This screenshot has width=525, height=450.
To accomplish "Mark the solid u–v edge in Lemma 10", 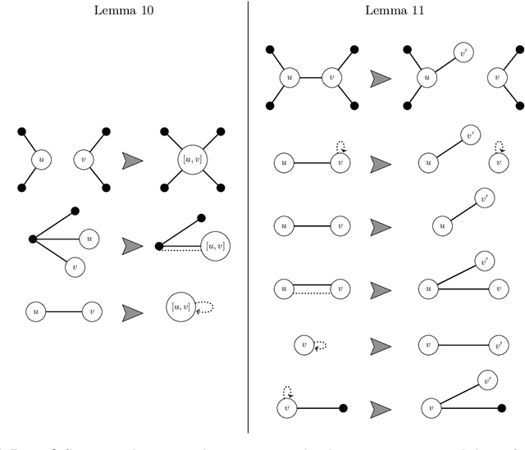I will coord(64,311).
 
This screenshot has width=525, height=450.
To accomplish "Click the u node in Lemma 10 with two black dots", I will coord(38,158).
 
